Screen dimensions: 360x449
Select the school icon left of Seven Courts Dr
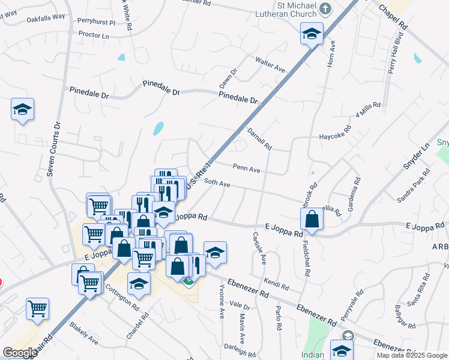(x=22, y=110)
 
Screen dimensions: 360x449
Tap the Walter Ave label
(x=270, y=65)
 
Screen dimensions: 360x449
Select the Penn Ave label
(x=246, y=169)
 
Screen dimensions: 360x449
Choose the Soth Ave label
(x=217, y=182)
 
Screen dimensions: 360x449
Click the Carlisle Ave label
(x=259, y=249)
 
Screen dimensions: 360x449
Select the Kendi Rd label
(x=276, y=282)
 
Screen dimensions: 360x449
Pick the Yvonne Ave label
(x=221, y=305)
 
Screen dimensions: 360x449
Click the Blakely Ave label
(x=83, y=332)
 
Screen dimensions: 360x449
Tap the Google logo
(x=19, y=352)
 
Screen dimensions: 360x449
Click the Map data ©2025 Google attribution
(x=411, y=355)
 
